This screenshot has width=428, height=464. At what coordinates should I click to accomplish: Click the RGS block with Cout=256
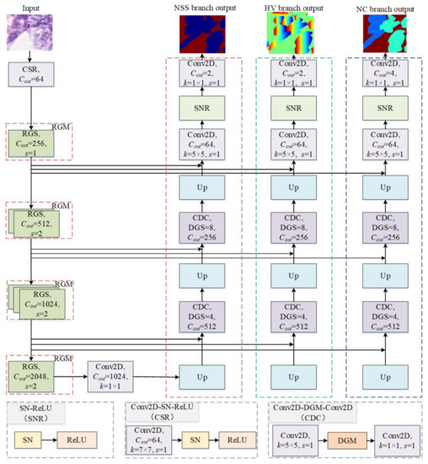pos(30,144)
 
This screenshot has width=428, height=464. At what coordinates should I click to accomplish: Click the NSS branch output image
pos(201,34)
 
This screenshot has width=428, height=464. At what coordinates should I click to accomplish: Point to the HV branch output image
pos(293,34)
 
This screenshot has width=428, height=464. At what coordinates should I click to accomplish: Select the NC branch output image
pos(383,34)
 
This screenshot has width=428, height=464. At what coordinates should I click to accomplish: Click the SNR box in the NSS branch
pos(201,110)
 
